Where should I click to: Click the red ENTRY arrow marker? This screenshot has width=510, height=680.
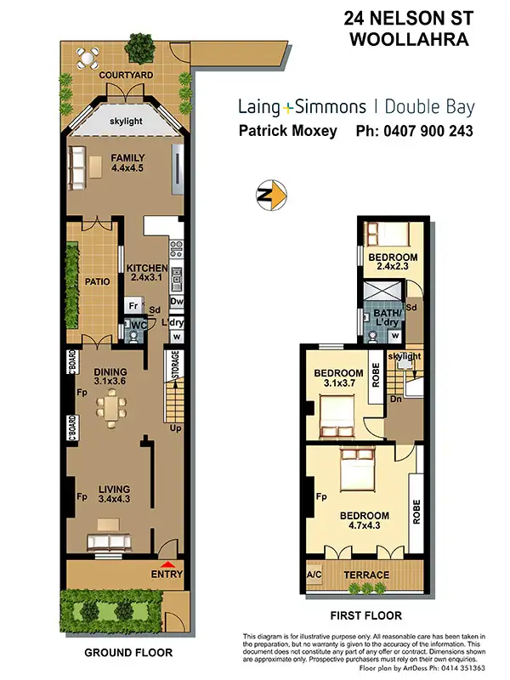[167, 564]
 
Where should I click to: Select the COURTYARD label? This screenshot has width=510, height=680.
[125, 76]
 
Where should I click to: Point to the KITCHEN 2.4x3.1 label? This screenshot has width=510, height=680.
[146, 273]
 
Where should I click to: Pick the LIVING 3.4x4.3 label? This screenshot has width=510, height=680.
[114, 495]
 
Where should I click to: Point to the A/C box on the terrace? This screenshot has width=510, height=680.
[314, 575]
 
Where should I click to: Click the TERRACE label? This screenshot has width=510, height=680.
[365, 575]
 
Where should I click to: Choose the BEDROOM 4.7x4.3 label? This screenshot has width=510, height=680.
[364, 521]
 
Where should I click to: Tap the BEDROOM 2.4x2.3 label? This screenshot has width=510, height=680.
[392, 263]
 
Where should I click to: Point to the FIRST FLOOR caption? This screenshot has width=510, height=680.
[365, 615]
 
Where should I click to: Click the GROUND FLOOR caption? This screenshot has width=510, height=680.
[127, 653]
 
